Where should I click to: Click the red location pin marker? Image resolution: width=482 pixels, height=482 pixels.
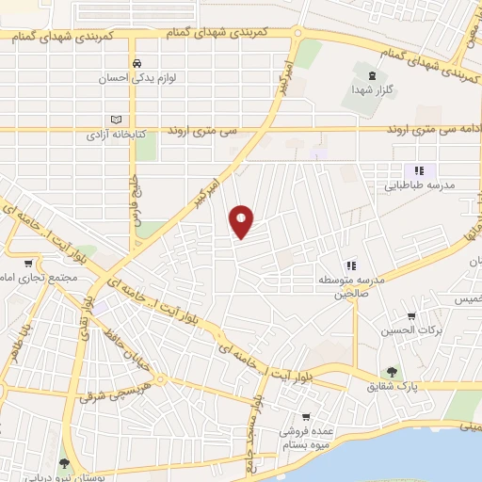(x=242, y=221)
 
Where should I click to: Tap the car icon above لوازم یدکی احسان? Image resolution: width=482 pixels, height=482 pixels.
(x=137, y=63)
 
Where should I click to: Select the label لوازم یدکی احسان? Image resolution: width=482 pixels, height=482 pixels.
(x=137, y=79)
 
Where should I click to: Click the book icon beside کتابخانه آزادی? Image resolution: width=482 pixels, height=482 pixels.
(x=117, y=120)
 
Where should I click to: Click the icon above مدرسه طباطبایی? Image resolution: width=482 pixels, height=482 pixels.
(x=419, y=169)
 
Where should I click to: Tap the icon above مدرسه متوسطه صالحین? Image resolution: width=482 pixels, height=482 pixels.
(x=350, y=265)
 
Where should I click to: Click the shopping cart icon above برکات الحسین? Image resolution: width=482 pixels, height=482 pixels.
(x=410, y=317)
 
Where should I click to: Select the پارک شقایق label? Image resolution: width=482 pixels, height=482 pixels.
(x=393, y=387)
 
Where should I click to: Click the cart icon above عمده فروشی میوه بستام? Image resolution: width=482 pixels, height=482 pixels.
(x=307, y=417)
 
